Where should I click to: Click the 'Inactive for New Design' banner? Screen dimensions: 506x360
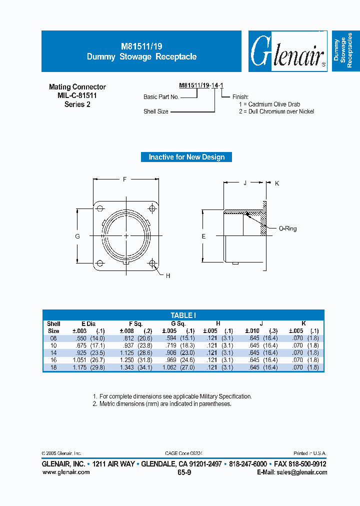186,157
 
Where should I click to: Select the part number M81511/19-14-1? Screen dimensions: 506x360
200,86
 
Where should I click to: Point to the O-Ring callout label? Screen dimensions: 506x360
287,228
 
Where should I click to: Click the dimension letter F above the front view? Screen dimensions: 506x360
124,178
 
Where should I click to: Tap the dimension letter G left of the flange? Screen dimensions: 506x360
77,236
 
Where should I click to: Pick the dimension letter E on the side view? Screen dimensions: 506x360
203,236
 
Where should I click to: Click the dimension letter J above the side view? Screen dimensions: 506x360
245,183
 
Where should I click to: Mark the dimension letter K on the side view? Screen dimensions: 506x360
276,183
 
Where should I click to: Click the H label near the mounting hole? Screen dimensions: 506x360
168,276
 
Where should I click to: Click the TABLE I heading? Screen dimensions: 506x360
183,315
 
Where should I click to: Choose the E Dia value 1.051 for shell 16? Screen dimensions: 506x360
79,360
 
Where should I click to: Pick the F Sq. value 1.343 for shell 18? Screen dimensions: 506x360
127,367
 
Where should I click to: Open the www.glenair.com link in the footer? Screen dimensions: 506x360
65,472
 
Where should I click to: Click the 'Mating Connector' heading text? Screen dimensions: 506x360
77,87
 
